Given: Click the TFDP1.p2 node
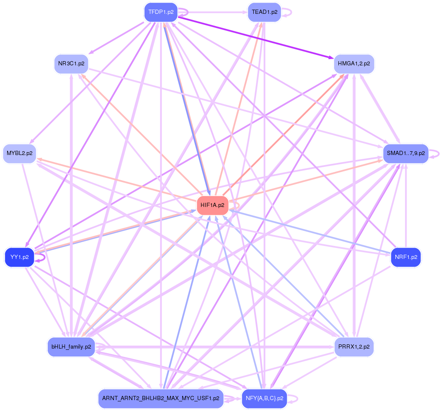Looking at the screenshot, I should tap(161, 12).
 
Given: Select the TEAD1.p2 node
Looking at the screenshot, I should tap(264, 12).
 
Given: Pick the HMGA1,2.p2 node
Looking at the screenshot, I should tap(354, 64).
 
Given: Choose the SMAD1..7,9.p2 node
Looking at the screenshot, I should tap(405, 153).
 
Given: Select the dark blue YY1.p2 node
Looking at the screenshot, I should tap(19, 257).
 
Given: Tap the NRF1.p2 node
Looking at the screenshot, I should tap(405, 257).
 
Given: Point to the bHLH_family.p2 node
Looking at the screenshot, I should tap(71, 347).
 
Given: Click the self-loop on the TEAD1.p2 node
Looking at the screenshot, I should tap(287, 12).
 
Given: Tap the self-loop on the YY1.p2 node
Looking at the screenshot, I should tap(42, 258).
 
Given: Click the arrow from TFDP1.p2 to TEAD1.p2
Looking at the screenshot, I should tap(214, 12).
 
